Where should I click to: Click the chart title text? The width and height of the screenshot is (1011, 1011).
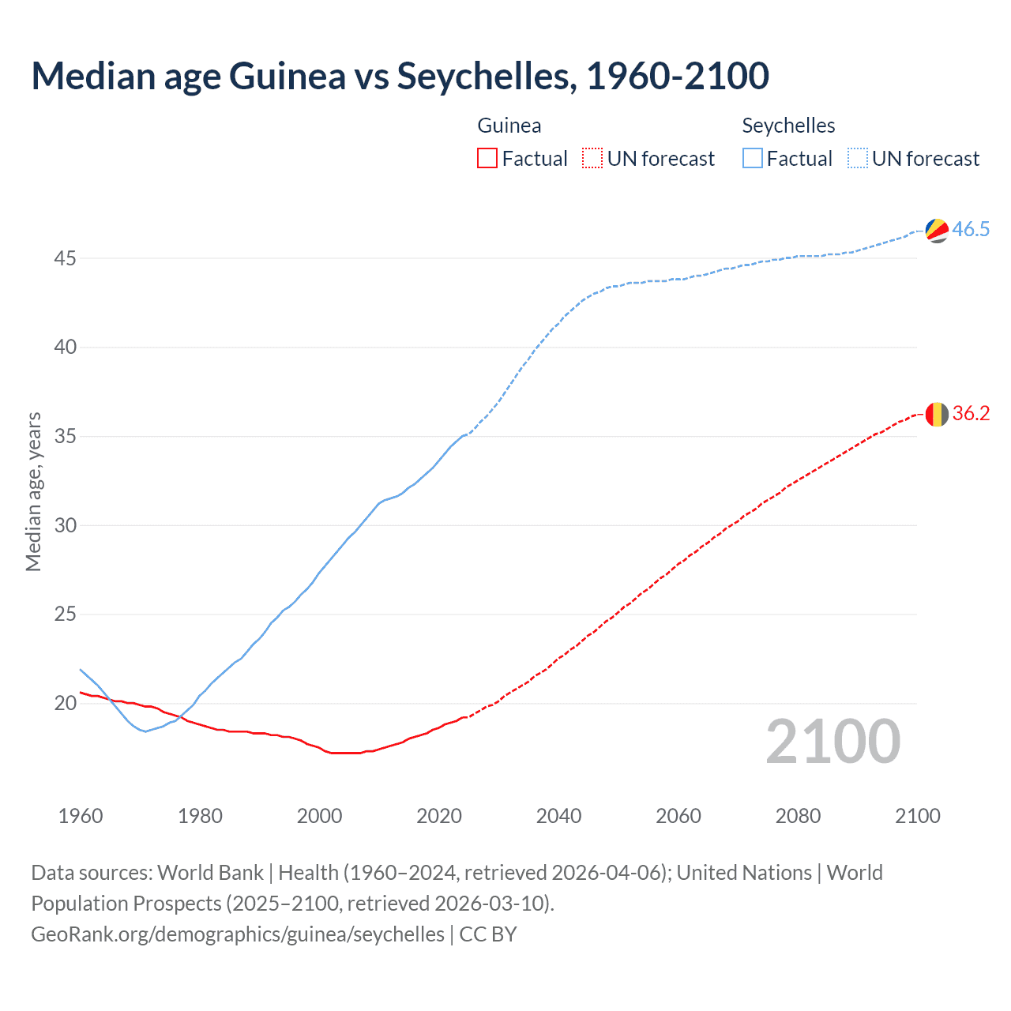(x=400, y=76)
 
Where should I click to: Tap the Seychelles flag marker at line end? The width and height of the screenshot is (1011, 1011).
(x=937, y=230)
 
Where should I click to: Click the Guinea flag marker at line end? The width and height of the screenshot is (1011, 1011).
(x=937, y=414)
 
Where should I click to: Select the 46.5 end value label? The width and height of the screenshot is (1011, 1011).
(x=971, y=230)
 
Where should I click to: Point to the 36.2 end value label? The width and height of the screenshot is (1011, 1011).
(x=971, y=414)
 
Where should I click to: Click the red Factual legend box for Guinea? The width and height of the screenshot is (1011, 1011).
(x=487, y=159)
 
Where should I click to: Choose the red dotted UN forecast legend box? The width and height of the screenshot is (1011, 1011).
(x=592, y=159)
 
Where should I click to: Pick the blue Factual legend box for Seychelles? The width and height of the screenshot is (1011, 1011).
(x=753, y=159)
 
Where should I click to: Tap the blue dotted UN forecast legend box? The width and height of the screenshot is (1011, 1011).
(x=858, y=159)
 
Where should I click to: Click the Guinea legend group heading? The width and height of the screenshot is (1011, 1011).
(x=509, y=126)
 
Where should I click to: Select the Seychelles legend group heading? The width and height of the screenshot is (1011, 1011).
(x=788, y=126)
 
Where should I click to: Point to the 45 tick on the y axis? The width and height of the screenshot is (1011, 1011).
(x=66, y=258)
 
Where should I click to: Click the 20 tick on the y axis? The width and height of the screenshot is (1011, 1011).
(x=66, y=703)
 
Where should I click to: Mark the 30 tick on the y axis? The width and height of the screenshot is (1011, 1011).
(x=66, y=525)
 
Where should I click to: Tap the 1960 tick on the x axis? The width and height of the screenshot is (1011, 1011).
(x=81, y=816)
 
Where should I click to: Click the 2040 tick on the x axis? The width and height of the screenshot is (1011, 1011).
(x=558, y=816)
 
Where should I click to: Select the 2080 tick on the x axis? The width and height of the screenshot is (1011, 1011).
(x=798, y=816)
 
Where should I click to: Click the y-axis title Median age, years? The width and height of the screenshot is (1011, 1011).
(x=33, y=491)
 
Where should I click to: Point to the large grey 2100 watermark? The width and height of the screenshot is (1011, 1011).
(x=833, y=742)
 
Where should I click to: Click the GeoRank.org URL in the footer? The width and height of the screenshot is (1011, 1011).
(x=238, y=934)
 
